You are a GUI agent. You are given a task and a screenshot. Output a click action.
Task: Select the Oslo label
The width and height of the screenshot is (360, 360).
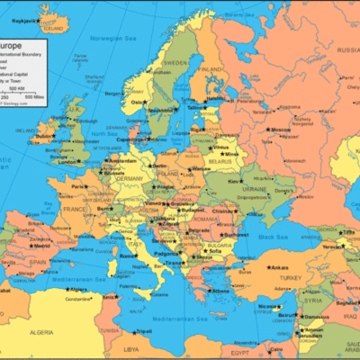point(138,102)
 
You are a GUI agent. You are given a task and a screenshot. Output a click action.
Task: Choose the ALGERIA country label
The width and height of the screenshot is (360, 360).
point(67,333)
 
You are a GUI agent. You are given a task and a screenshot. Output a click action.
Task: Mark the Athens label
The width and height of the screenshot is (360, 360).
point(221,291)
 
